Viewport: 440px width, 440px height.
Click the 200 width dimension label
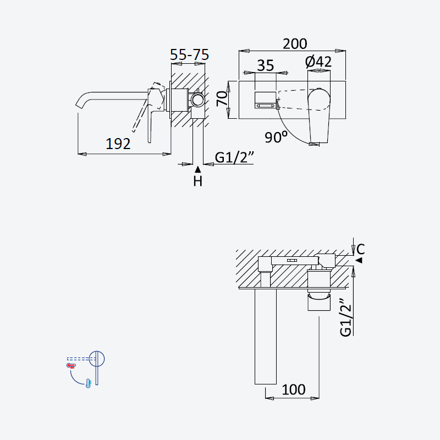point(295,44)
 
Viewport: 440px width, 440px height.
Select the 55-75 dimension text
point(189,54)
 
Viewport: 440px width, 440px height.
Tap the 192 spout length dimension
point(118,144)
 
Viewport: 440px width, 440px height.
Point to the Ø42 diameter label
point(318,62)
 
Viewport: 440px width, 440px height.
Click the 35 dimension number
point(266,65)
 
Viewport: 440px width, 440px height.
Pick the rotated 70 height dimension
point(222,98)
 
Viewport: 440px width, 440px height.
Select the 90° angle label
point(276,137)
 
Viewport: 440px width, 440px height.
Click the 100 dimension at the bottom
point(294,389)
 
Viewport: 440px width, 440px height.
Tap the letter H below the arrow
point(198,182)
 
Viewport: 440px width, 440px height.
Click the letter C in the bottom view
point(361,249)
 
